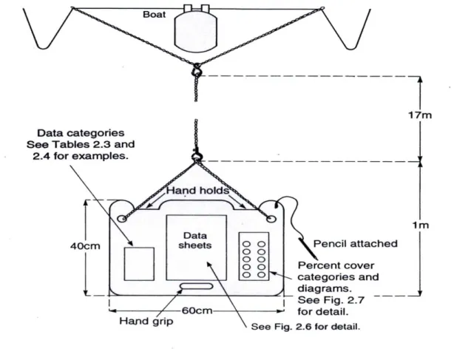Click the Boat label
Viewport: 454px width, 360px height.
pyautogui.click(x=155, y=15)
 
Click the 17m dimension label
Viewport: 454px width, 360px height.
pyautogui.click(x=420, y=115)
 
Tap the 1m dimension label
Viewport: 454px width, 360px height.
pyautogui.click(x=421, y=225)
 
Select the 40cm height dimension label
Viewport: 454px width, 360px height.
pyautogui.click(x=85, y=246)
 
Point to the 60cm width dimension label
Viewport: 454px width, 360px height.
pyautogui.click(x=197, y=310)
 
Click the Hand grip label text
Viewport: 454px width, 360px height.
pyautogui.click(x=146, y=322)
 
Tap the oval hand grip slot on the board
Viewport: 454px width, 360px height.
pyautogui.click(x=197, y=287)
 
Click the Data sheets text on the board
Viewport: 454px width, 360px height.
pyautogui.click(x=195, y=240)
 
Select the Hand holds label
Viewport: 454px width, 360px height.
pyautogui.click(x=197, y=191)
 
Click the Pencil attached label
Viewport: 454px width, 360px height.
pyautogui.click(x=355, y=244)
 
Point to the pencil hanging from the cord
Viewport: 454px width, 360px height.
pyautogui.click(x=308, y=248)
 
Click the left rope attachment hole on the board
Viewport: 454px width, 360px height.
pyautogui.click(x=122, y=219)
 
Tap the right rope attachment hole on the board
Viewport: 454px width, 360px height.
pyautogui.click(x=271, y=219)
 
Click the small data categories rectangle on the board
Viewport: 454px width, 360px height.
pyautogui.click(x=139, y=264)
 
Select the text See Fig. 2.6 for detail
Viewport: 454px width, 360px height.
pyautogui.click(x=305, y=327)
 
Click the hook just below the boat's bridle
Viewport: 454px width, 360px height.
pyautogui.click(x=197, y=70)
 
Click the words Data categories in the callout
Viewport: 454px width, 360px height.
pyautogui.click(x=81, y=133)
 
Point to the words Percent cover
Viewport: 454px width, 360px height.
pyautogui.click(x=336, y=265)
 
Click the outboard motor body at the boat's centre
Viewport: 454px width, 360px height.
pyautogui.click(x=196, y=30)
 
